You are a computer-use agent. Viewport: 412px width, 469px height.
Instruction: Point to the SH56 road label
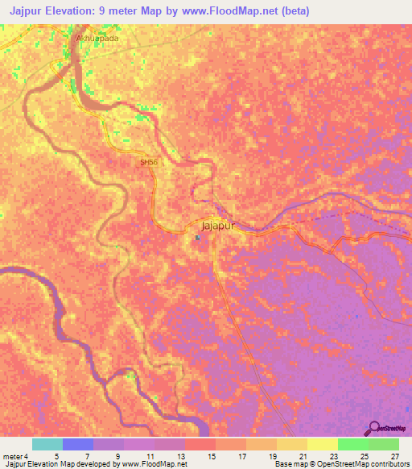pyautogui.click(x=149, y=162)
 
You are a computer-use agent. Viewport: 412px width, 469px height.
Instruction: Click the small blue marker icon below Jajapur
pyautogui.click(x=198, y=238)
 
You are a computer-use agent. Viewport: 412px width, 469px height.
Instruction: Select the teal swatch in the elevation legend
pyautogui.click(x=47, y=444)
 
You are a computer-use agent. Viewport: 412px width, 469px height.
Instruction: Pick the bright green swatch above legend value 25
pyautogui.click(x=353, y=444)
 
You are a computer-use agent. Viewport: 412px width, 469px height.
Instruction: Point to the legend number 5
pyautogui.click(x=56, y=456)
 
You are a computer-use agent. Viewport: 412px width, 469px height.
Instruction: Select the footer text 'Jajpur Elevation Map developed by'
pyautogui.click(x=60, y=465)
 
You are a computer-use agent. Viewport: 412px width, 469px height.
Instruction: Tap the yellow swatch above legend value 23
pyautogui.click(x=323, y=444)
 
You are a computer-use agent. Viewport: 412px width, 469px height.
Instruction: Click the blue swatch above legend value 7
pyautogui.click(x=78, y=444)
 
